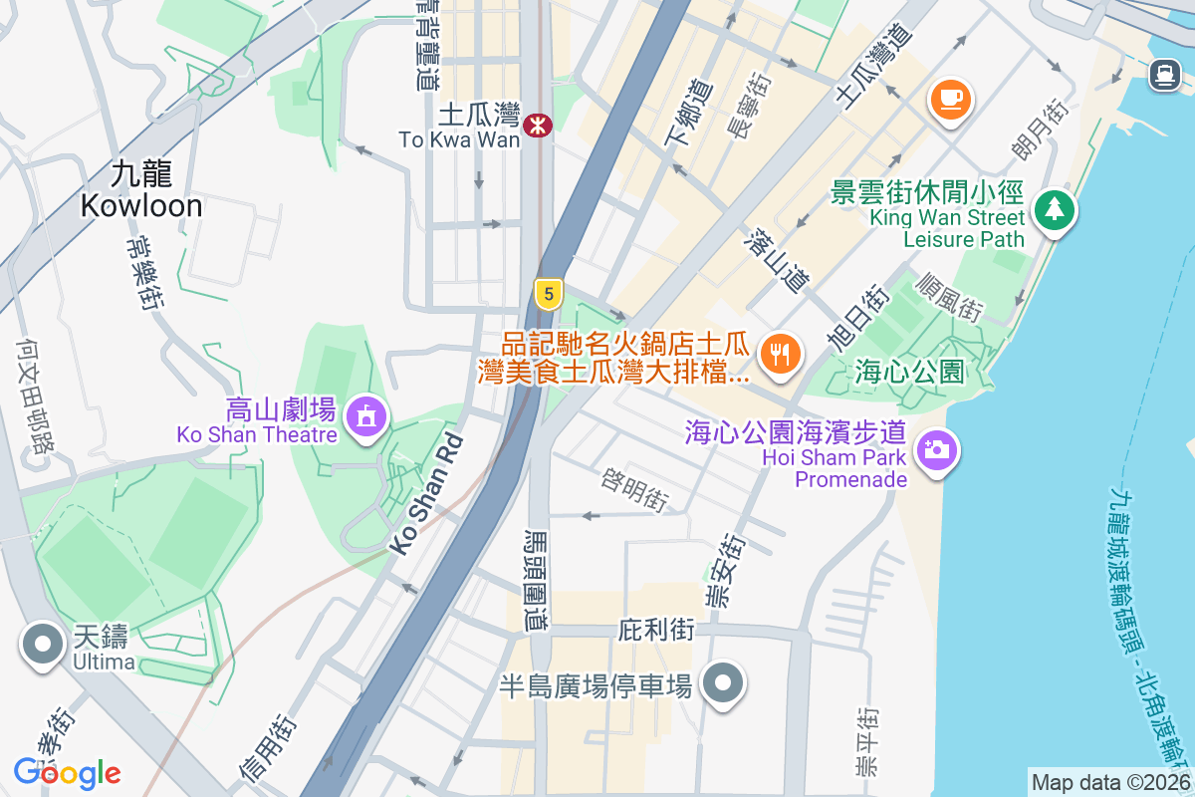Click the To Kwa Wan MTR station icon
coord(537,125)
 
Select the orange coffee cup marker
coord(951,99)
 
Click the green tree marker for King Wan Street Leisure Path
coord(1054,210)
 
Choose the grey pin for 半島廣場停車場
coord(724,683)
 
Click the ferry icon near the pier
coord(1163,74)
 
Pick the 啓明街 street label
coord(634,488)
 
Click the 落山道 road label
coord(776,261)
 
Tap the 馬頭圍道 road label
coord(537,578)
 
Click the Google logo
coord(67,773)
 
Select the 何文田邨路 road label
coord(35,395)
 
